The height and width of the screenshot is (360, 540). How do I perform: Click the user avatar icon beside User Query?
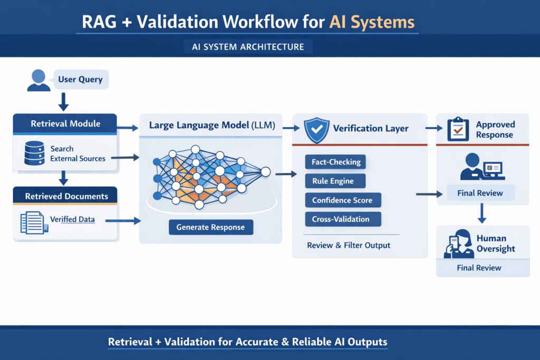pyautogui.click(x=38, y=80)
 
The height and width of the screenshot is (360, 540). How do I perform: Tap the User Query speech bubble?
pyautogui.click(x=80, y=80)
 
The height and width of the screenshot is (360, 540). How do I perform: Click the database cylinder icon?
pyautogui.click(x=33, y=153)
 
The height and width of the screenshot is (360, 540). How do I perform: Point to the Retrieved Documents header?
pyautogui.click(x=66, y=196)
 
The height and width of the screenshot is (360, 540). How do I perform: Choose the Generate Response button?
pyautogui.click(x=210, y=227)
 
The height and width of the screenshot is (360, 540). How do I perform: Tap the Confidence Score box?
pyautogui.click(x=342, y=200)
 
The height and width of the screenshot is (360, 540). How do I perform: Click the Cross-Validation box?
pyautogui.click(x=340, y=219)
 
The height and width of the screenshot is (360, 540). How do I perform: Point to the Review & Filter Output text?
pyautogui.click(x=349, y=245)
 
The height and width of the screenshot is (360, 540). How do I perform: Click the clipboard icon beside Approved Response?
pyautogui.click(x=458, y=129)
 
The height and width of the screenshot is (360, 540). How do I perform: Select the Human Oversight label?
pyautogui.click(x=495, y=244)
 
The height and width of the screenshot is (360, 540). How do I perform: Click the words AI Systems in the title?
pyautogui.click(x=372, y=22)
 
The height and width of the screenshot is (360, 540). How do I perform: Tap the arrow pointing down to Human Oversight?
pyautogui.click(x=481, y=213)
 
